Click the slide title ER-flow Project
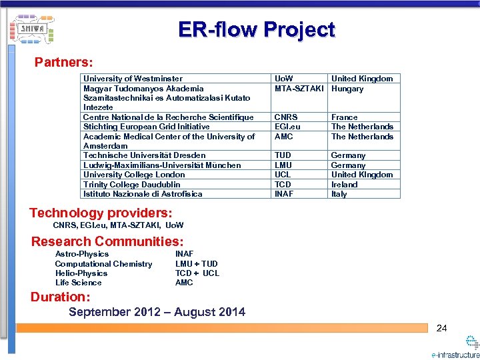(257, 29)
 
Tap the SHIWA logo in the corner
(32, 29)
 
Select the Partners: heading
(63, 62)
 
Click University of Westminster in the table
(133, 79)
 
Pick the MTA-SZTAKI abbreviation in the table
(299, 89)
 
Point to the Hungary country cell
(347, 89)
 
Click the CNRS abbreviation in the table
(286, 117)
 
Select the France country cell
(344, 117)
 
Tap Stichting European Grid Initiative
(146, 127)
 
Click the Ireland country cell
(345, 185)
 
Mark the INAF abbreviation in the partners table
(284, 194)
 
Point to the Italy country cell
(339, 194)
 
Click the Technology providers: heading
(101, 213)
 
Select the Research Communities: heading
(107, 241)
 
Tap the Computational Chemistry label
(103, 264)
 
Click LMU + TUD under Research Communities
(196, 264)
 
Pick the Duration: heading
(60, 297)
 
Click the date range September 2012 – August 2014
(157, 312)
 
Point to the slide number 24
(441, 328)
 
